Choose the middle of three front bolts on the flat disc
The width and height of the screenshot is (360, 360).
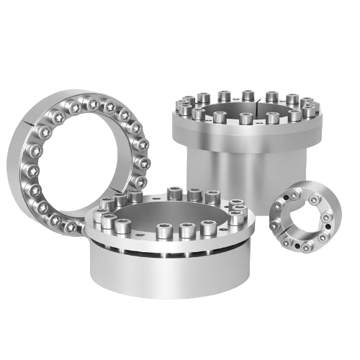186,231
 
